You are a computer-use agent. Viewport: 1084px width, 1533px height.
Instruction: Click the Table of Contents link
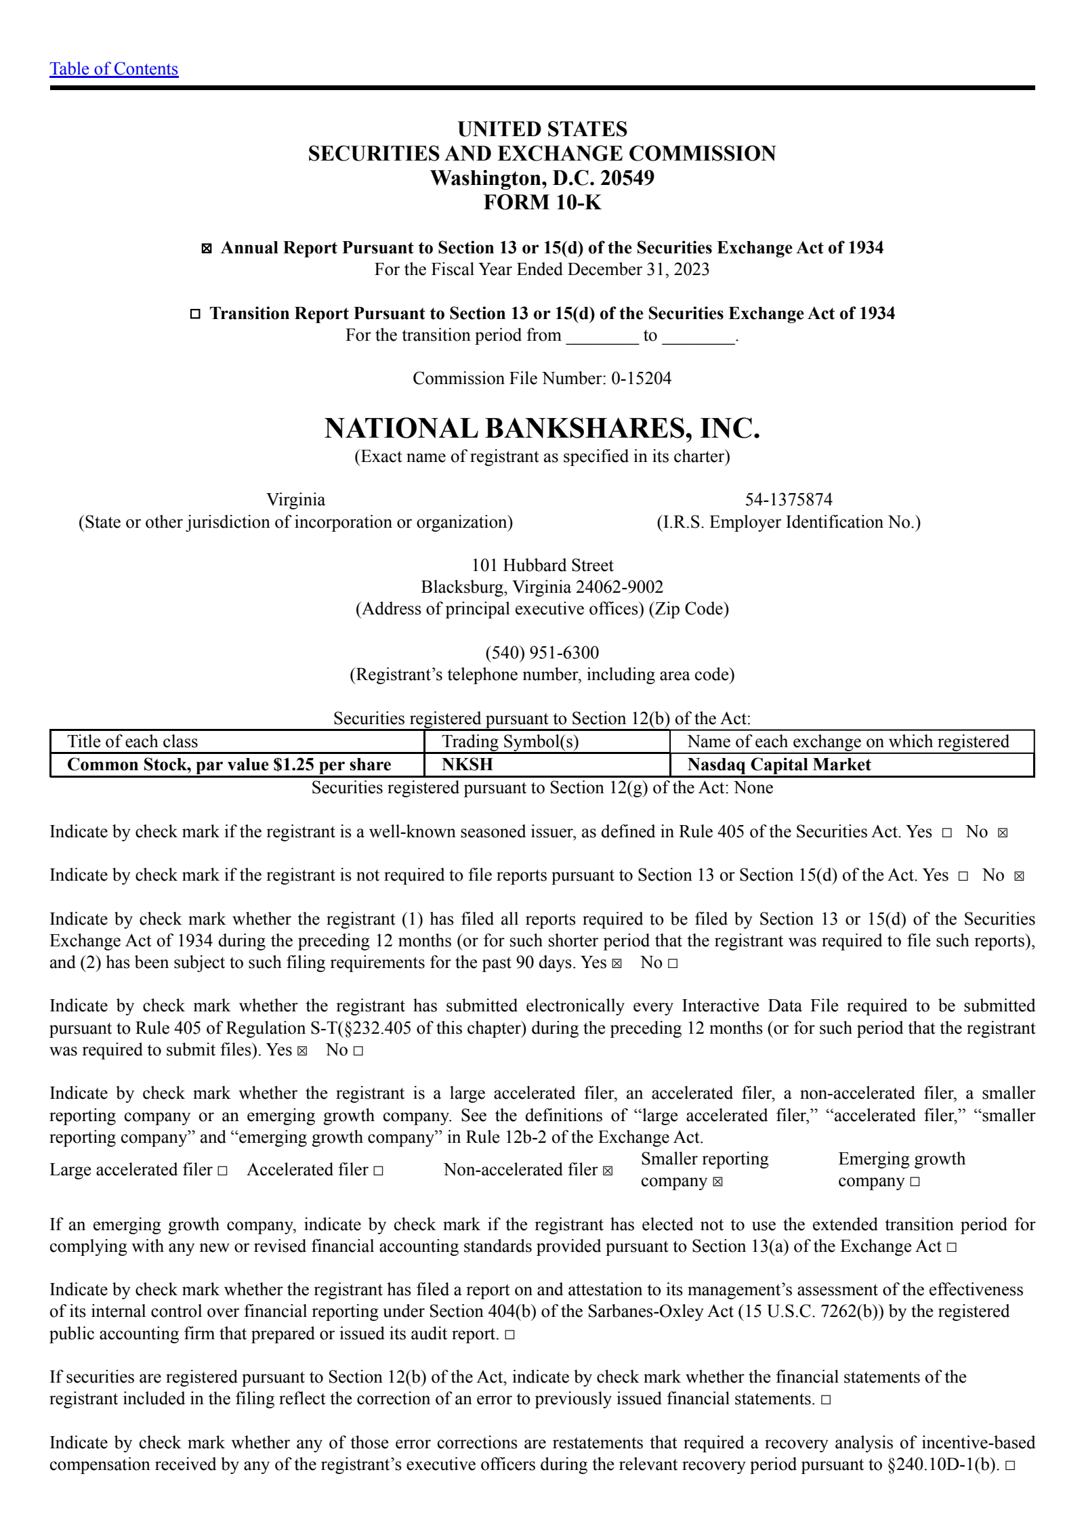[x=114, y=69]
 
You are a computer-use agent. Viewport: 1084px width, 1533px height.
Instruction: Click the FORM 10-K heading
[x=542, y=203]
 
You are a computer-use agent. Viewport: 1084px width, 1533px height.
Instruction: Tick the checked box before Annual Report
[x=207, y=249]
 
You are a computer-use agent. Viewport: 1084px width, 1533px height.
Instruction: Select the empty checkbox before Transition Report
[x=195, y=314]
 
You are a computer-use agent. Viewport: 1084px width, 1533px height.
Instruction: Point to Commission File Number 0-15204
[x=542, y=379]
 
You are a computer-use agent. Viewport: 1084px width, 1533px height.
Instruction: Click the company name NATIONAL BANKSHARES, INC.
[x=542, y=429]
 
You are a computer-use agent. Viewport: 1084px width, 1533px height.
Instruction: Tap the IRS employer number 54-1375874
[x=789, y=500]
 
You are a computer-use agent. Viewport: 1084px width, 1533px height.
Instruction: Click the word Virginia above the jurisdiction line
[x=295, y=500]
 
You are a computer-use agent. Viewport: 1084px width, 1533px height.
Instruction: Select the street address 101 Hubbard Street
[x=542, y=566]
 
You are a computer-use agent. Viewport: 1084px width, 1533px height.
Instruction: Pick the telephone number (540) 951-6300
[x=542, y=653]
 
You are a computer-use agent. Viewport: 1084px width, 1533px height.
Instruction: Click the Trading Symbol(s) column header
[x=510, y=742]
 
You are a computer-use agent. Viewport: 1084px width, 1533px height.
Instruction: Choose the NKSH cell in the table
[x=467, y=765]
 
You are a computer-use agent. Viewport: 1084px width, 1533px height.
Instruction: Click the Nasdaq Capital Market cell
[x=779, y=765]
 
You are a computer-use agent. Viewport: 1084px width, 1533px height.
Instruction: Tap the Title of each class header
[x=133, y=742]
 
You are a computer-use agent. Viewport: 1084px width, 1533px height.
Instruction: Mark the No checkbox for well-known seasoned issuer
[x=1003, y=833]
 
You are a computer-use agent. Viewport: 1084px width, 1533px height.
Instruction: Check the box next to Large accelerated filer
[x=222, y=1171]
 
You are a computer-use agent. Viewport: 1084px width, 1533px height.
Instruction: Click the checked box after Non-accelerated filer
[x=608, y=1171]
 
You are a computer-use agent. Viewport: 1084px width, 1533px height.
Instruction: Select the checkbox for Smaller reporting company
[x=718, y=1182]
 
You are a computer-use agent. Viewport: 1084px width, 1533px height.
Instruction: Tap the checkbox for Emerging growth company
[x=915, y=1182]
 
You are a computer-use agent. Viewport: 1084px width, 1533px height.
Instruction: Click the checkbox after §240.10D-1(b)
[x=1010, y=1466]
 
